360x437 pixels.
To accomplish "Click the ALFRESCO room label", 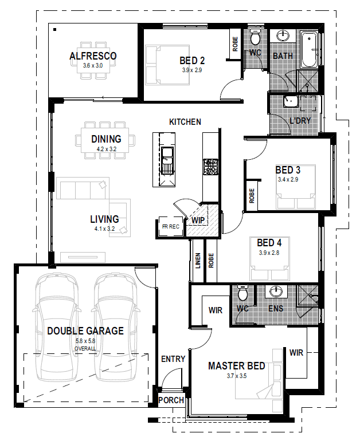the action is (x=93, y=56).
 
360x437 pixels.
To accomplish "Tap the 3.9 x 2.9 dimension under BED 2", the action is (x=192, y=70).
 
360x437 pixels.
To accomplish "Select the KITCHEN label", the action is (x=185, y=122).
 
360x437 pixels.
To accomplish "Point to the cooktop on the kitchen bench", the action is (x=210, y=167).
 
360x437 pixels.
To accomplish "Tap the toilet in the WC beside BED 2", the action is (x=255, y=37).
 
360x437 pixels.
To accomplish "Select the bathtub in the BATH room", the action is (x=309, y=50).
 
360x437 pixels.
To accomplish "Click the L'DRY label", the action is (x=300, y=121).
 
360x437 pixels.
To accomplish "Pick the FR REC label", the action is (x=171, y=227).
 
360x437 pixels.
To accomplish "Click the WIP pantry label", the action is (x=198, y=220).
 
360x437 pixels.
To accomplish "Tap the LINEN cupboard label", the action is (x=198, y=261).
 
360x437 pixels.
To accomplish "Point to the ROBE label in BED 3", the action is (x=252, y=196).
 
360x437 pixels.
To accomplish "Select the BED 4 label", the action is (x=269, y=243).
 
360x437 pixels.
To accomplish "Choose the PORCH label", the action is (x=171, y=400).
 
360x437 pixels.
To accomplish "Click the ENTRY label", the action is (x=173, y=359).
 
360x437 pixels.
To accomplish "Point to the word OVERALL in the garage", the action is (x=85, y=349).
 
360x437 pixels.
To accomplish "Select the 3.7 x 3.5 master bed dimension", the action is (x=237, y=376).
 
